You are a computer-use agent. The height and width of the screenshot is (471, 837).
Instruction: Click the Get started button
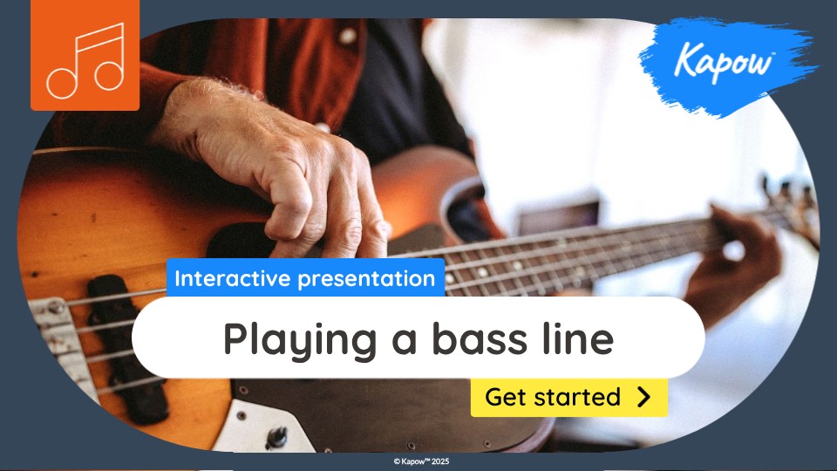pos(568,397)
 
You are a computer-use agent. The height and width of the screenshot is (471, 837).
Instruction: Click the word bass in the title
pos(477,338)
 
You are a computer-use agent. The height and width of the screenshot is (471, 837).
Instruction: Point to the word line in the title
pos(576,338)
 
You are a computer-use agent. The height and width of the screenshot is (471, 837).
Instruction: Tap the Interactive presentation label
pos(305,279)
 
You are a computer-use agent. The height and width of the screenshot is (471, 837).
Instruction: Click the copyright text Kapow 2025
pos(421,461)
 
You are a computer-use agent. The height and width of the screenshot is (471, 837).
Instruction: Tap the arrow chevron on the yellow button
pos(643,397)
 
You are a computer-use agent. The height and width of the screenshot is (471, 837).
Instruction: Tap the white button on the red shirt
pos(347,37)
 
